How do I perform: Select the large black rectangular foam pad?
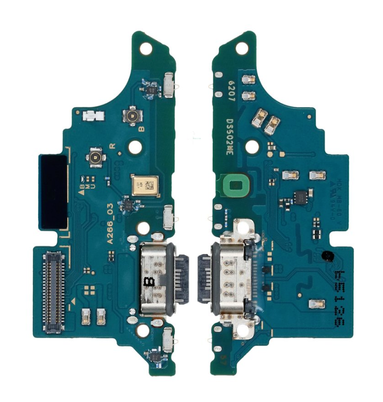[x=54, y=191]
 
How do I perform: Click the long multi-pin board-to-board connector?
[x=55, y=285]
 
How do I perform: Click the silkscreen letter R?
[x=112, y=146]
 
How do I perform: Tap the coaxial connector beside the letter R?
[x=94, y=157]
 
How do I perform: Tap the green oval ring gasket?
[x=235, y=185]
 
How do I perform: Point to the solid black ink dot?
[x=327, y=256]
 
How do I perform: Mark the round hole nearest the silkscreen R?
[x=134, y=147]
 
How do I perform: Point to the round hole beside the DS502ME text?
[x=253, y=146]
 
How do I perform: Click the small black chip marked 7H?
[x=128, y=204]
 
